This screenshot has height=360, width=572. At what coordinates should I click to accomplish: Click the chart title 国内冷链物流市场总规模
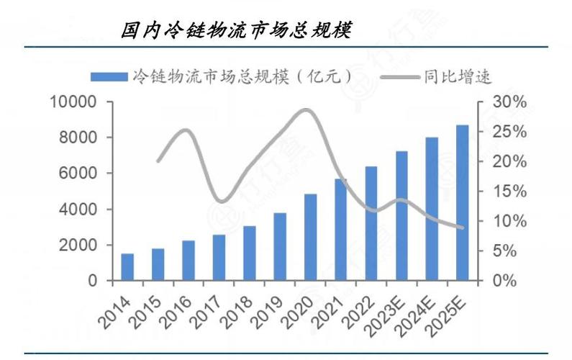[x=235, y=30]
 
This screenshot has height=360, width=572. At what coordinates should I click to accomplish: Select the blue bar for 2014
[x=127, y=267]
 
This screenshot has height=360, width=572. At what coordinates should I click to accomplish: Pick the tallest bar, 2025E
[x=462, y=203]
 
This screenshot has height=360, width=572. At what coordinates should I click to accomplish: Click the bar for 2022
[x=371, y=224]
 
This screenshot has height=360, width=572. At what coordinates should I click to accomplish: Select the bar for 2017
[x=219, y=258]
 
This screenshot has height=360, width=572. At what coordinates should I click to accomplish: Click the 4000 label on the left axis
[x=78, y=210]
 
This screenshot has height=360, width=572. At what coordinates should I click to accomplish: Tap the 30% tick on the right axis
[x=510, y=102]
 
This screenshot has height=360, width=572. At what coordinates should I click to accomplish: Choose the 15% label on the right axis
[x=510, y=192]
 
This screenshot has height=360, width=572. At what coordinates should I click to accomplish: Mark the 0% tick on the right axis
[x=507, y=281]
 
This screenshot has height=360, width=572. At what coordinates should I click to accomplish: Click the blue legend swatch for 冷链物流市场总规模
[x=108, y=76]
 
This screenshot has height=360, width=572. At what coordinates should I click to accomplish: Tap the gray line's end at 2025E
[x=462, y=228]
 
